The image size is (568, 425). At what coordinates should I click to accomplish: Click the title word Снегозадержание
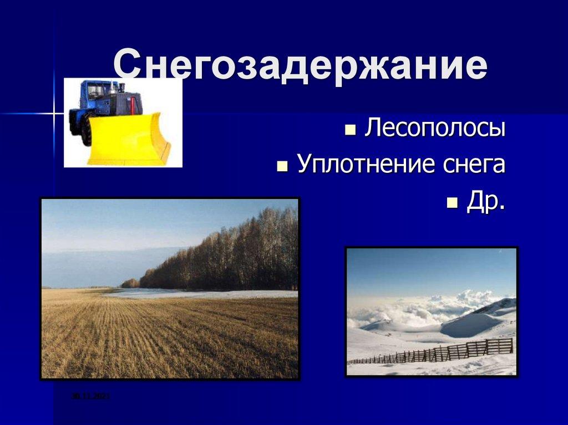point(300,67)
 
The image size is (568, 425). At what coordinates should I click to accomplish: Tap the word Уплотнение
point(362,164)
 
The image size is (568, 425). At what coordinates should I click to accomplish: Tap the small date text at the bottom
point(91,396)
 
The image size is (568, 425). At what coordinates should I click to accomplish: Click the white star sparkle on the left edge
point(54,114)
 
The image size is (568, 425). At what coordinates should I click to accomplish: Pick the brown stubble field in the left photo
point(166,338)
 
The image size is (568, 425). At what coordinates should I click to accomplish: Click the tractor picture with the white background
point(123,122)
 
